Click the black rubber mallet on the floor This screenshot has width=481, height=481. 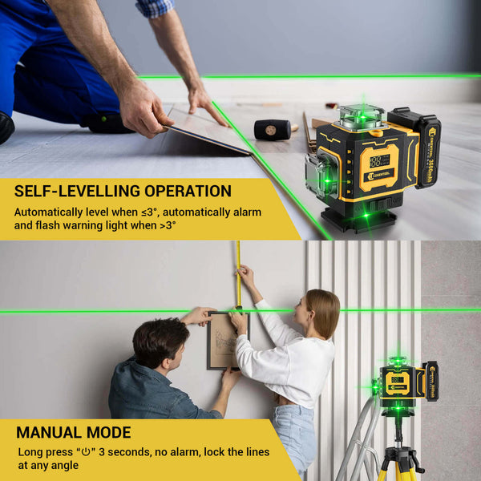(x=273, y=128)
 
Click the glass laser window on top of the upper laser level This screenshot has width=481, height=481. (x=361, y=118)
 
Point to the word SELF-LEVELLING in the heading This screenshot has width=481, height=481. (x=76, y=191)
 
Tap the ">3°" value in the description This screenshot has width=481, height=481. (x=164, y=226)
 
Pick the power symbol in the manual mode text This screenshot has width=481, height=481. (x=86, y=452)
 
